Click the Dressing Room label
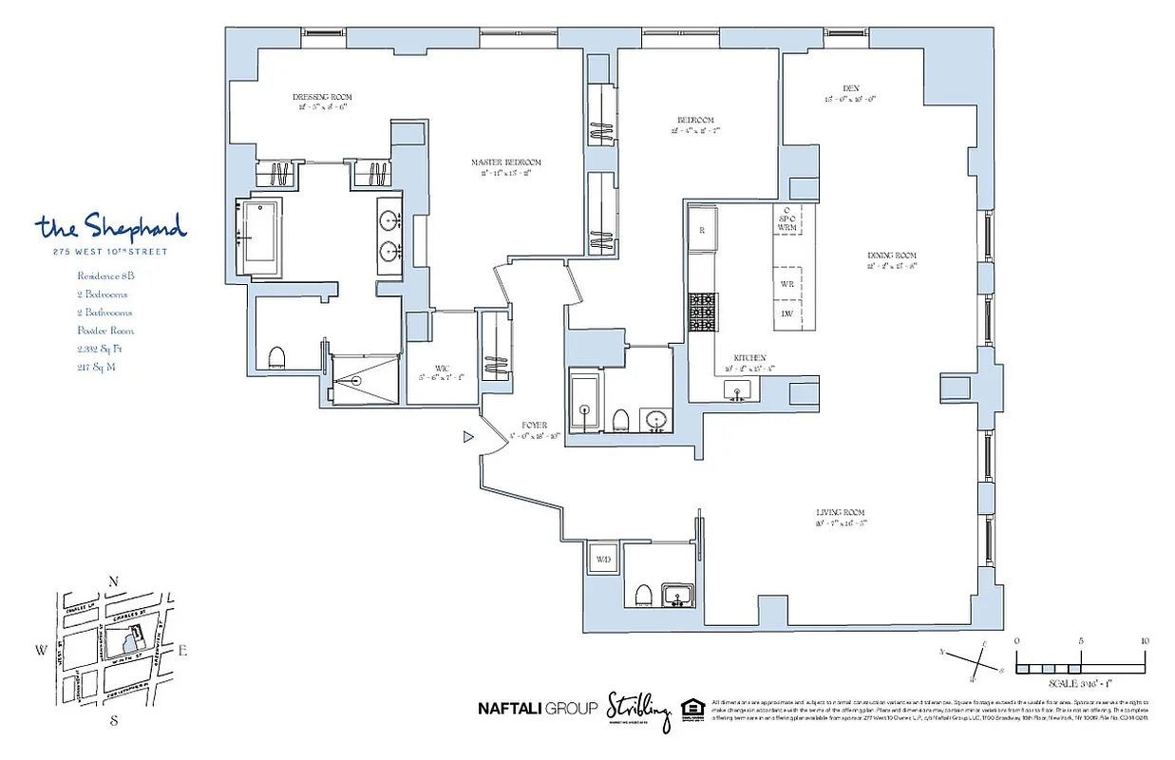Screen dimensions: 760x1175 tap(322, 97)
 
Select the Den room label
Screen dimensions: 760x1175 tap(850, 88)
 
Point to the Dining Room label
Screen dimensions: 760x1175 tap(891, 256)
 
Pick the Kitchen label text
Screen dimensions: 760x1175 tap(749, 358)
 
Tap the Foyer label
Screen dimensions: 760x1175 tap(534, 425)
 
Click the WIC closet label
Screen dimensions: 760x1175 tap(442, 369)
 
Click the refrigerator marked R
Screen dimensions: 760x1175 tap(702, 230)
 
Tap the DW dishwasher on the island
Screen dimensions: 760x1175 tap(786, 313)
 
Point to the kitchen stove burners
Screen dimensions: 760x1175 tap(702, 312)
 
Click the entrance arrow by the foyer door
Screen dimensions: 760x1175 tap(467, 437)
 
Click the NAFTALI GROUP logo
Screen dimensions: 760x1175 tap(538, 708)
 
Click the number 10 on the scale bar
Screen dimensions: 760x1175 tap(1144, 641)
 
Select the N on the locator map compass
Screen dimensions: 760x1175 tap(114, 581)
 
